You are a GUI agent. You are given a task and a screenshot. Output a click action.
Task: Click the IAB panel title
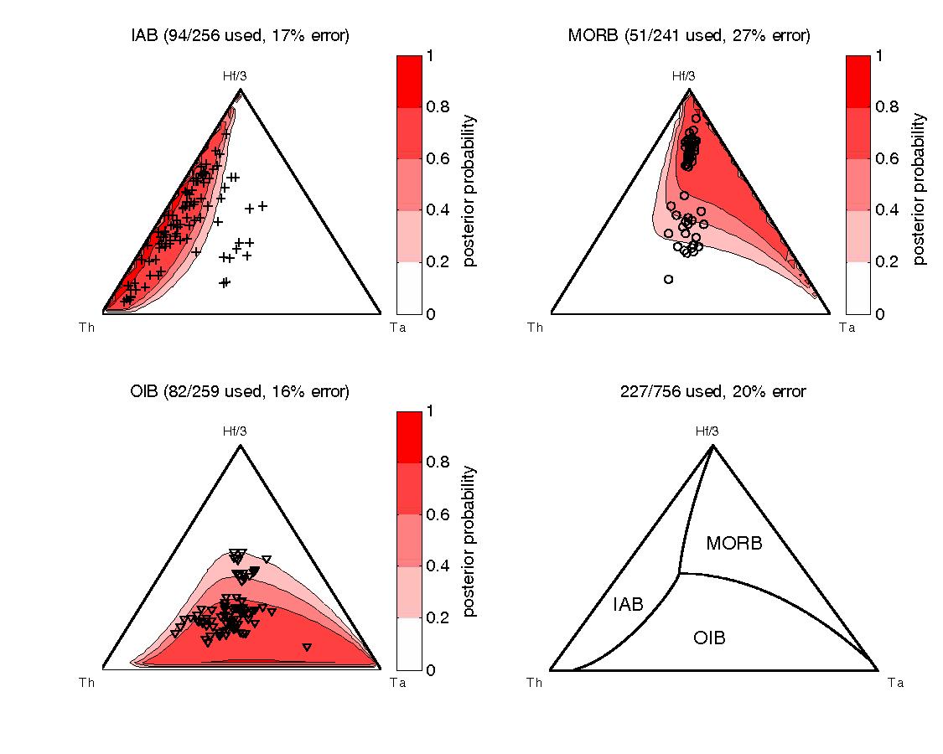240,35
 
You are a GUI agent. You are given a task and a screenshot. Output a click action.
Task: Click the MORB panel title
689,35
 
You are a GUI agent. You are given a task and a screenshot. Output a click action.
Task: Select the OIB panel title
240,391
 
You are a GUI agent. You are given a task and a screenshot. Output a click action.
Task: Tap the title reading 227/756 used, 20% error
712,391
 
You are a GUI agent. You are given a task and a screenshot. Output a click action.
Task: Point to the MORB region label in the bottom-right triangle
734,543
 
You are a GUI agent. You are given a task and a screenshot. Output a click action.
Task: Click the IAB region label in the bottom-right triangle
628,603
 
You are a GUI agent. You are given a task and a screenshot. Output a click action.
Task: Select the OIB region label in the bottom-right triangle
709,638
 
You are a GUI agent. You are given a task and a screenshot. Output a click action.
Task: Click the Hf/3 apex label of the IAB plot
241,76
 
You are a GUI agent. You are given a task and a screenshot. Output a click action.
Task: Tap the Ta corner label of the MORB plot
847,328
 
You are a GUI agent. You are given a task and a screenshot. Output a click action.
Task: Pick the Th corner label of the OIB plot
86,683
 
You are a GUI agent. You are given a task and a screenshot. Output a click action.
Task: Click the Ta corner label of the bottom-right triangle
895,683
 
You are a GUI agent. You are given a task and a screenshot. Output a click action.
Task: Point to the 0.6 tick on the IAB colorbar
437,158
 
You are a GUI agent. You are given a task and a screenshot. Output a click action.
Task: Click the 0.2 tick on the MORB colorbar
886,261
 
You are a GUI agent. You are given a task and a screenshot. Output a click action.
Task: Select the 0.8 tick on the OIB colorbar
437,462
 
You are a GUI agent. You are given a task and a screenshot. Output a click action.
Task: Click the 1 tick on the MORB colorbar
879,56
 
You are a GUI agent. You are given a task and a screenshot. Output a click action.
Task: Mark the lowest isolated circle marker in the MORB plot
668,279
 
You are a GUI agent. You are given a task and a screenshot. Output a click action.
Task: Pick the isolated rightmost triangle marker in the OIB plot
307,647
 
